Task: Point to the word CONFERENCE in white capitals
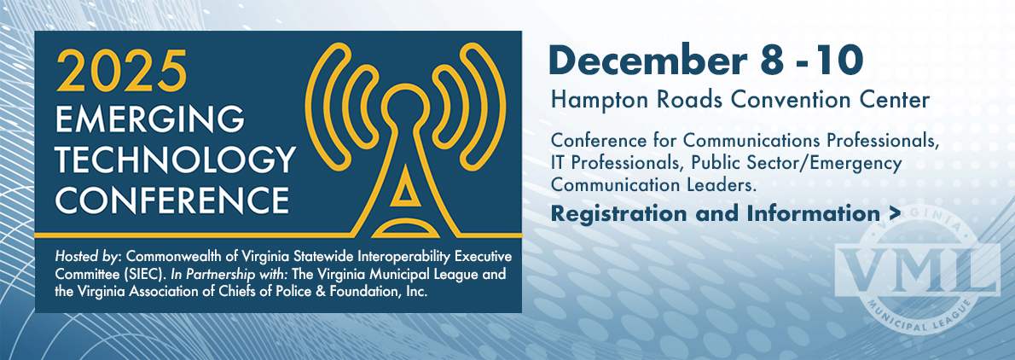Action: (x=172, y=200)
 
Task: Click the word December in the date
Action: (x=640, y=60)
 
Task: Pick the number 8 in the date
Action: (x=754, y=60)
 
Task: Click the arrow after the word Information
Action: (x=895, y=213)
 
